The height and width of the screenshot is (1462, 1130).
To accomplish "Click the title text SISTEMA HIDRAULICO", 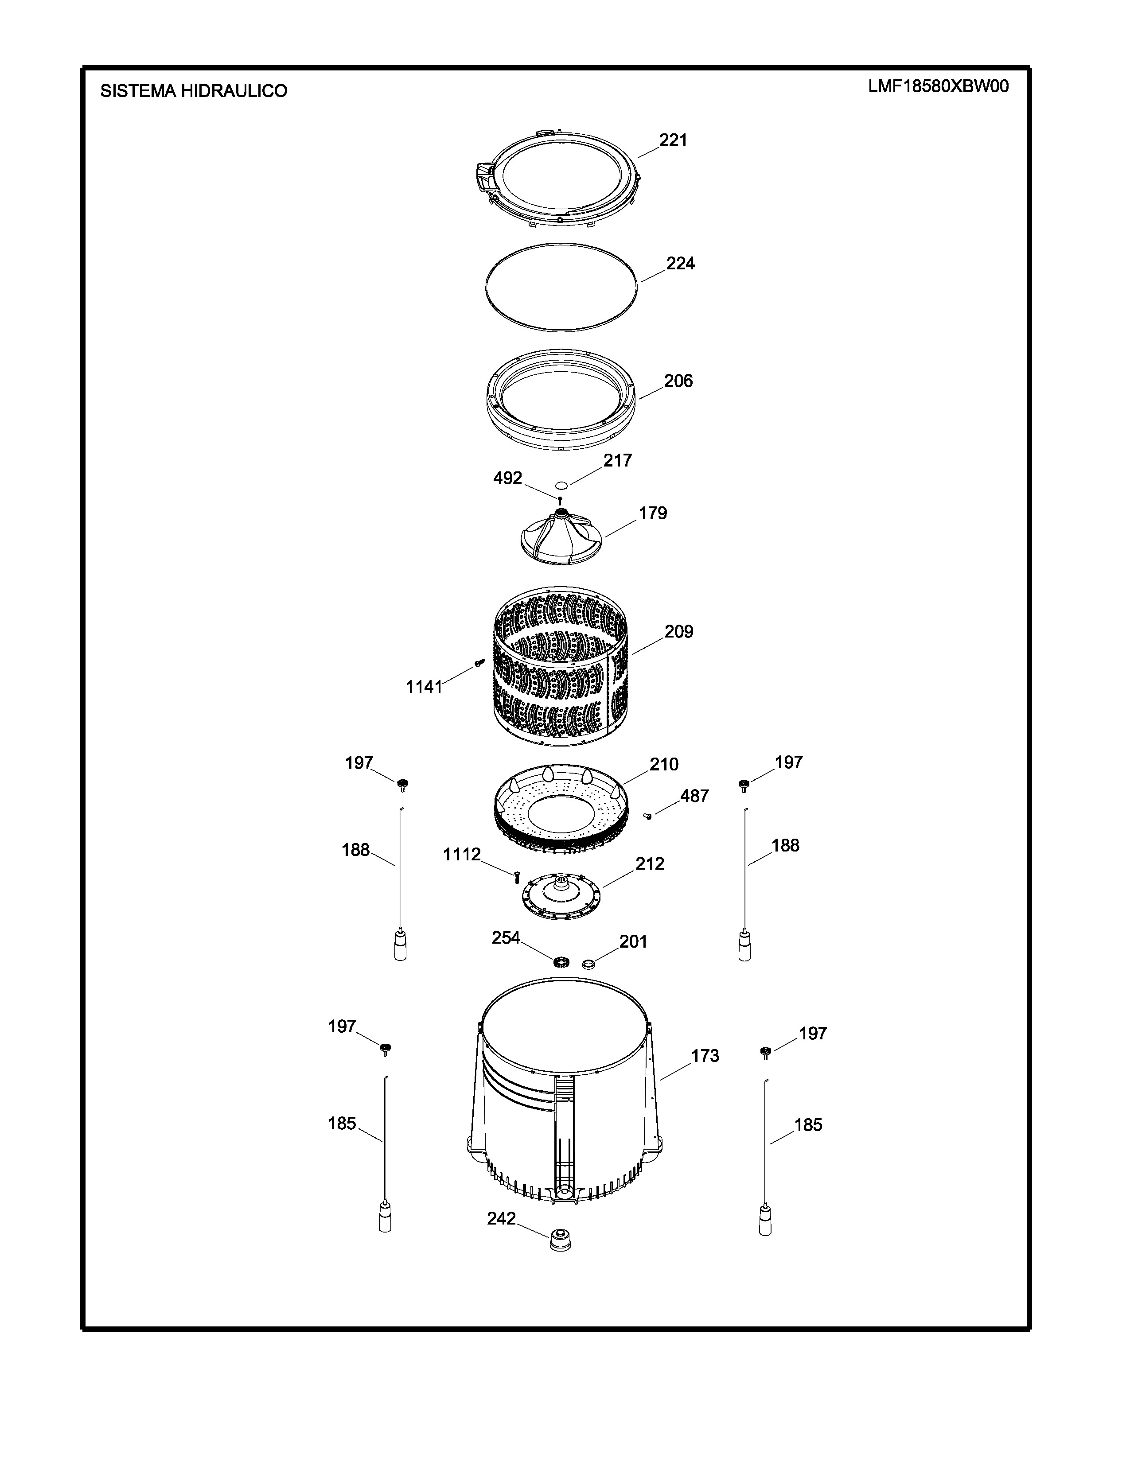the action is [194, 91].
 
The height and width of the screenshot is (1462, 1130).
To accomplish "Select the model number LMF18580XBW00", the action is [939, 87].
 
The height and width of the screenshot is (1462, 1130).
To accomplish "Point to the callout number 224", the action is [680, 264].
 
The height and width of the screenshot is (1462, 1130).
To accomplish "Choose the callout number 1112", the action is [462, 855].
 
